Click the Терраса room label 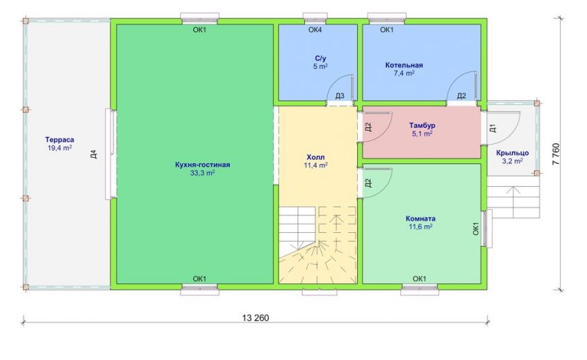[60, 140]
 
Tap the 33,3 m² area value [203, 173]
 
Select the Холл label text [315, 157]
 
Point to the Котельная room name [404, 65]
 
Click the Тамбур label [422, 126]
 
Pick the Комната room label [420, 218]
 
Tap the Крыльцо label [513, 153]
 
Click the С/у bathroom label [320, 58]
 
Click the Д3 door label [340, 97]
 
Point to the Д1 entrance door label [493, 128]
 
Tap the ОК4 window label [315, 30]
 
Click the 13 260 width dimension [256, 318]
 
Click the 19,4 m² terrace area [60, 148]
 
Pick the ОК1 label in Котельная [387, 30]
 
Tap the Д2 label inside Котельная [461, 96]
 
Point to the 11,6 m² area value [421, 227]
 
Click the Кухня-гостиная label [203, 165]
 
